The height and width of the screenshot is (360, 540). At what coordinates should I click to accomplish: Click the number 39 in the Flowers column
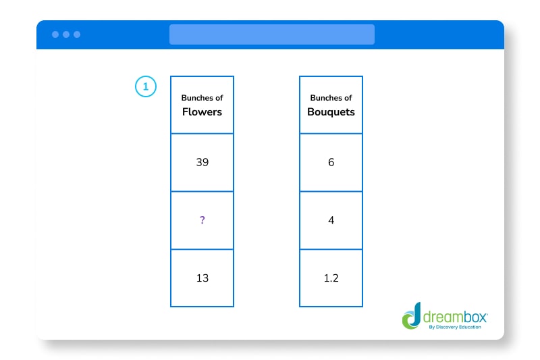coord(202,163)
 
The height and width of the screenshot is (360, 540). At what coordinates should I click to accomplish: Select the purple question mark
coord(202,221)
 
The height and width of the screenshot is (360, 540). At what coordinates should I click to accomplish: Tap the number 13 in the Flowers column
coord(202,278)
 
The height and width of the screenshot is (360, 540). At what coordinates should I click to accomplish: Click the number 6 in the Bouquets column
coord(331,163)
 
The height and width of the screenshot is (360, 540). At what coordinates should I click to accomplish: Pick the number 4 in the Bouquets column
coord(331,221)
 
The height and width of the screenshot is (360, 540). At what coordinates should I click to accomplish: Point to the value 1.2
coord(331,278)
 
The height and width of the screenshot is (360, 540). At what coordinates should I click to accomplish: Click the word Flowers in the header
coord(202,112)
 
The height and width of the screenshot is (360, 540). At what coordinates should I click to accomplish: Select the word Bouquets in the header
coord(331,112)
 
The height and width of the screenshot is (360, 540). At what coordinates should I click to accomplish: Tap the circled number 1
coord(145,86)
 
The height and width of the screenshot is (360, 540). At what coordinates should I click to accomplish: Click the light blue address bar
coord(271,34)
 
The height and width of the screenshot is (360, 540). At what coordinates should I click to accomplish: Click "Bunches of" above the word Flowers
coord(202,98)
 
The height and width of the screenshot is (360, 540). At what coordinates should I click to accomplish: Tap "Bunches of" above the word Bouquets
coord(331,98)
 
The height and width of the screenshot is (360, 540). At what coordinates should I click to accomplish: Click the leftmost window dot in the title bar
coord(55,34)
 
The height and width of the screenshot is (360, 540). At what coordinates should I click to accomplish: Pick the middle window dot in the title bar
coord(66,34)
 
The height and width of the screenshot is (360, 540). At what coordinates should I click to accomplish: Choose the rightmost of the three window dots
coord(77,34)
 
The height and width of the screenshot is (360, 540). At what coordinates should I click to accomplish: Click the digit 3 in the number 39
coord(198,163)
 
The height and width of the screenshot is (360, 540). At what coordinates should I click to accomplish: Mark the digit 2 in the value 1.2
coord(335,278)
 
